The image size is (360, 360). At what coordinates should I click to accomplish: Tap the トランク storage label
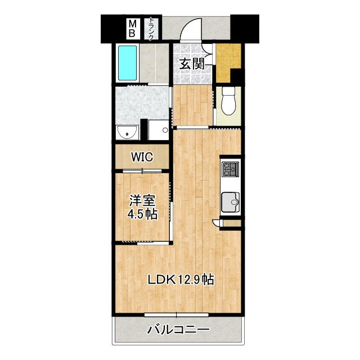(x=151, y=29)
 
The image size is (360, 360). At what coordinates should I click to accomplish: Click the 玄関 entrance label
(x=191, y=64)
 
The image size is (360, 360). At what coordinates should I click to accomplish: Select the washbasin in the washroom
(x=128, y=132)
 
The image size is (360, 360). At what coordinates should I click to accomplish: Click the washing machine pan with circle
(x=159, y=130)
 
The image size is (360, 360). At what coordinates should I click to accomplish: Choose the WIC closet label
(x=142, y=157)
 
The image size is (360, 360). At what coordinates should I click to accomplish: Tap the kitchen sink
(x=231, y=200)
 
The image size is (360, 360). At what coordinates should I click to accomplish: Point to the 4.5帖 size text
(x=142, y=214)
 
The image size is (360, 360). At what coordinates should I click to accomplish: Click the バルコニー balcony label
(x=179, y=329)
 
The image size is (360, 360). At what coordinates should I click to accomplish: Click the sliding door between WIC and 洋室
(x=142, y=170)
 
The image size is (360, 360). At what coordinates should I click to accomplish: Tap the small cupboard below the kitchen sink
(x=231, y=223)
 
